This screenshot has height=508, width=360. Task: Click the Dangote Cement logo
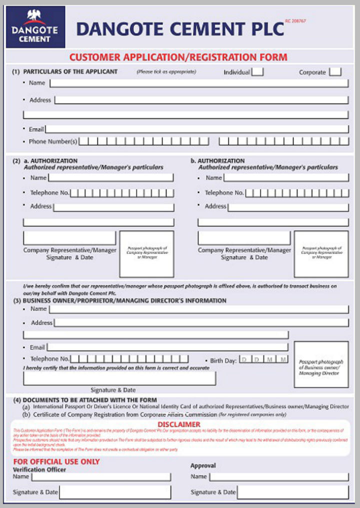pyautogui.click(x=35, y=27)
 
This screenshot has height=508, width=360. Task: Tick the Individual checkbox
pyautogui.click(x=257, y=72)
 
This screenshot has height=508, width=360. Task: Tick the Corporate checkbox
pyautogui.click(x=335, y=72)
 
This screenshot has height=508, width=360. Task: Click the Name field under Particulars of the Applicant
pyautogui.click(x=198, y=83)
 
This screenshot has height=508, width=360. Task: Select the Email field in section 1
pyautogui.click(x=197, y=129)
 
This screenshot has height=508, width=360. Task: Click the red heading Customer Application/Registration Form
pyautogui.click(x=178, y=57)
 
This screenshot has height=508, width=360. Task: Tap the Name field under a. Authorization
pyautogui.click(x=110, y=177)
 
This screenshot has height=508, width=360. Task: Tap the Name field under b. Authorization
pyautogui.click(x=285, y=177)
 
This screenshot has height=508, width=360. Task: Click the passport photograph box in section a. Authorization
pyautogui.click(x=146, y=254)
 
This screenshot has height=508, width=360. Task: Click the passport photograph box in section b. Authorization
pyautogui.click(x=321, y=254)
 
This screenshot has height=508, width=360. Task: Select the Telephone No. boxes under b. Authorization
pyautogui.click(x=296, y=193)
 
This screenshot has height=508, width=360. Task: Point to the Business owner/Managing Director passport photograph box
pyautogui.click(x=321, y=364)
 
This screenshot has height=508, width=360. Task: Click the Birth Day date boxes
pyautogui.click(x=263, y=359)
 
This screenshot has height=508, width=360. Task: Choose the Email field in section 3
pyautogui.click(x=167, y=347)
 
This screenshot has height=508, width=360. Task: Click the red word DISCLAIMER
pyautogui.click(x=178, y=424)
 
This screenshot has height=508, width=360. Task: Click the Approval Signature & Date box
pyautogui.click(x=292, y=492)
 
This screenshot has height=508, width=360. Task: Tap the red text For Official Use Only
pyautogui.click(x=56, y=461)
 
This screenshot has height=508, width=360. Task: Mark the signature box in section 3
pyautogui.click(x=119, y=378)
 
